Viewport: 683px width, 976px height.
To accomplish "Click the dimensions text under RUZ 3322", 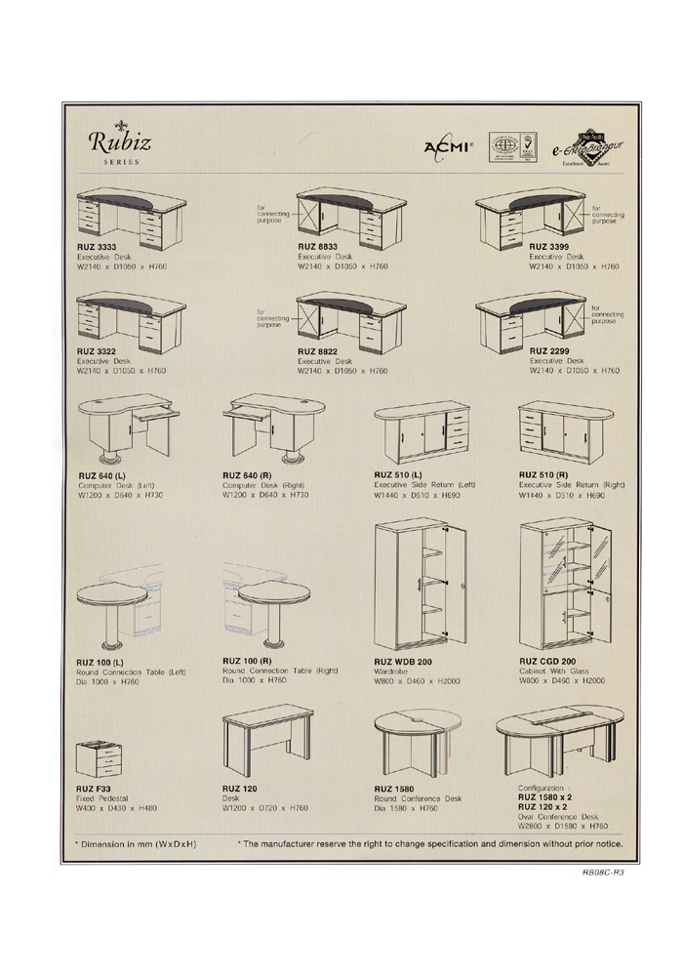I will tap(121, 371).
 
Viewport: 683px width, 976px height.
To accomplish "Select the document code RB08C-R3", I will tap(597, 873).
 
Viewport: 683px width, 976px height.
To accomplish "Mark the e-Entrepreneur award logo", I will tap(583, 146).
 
